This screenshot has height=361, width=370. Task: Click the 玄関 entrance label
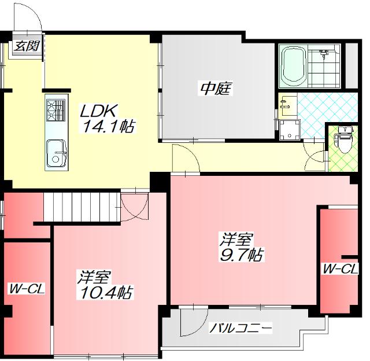(27, 46)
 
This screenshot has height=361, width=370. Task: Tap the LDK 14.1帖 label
(108, 119)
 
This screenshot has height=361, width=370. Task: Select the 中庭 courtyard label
(216, 89)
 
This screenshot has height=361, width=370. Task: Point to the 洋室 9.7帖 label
(241, 246)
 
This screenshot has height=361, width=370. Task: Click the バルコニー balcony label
(241, 327)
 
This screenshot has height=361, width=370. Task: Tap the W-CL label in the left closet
(27, 289)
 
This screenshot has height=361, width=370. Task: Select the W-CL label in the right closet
(341, 269)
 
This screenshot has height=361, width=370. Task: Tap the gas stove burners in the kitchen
(56, 110)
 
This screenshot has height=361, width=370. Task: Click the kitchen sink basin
(56, 153)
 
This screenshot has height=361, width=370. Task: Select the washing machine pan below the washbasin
(290, 130)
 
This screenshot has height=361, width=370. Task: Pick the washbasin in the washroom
(288, 105)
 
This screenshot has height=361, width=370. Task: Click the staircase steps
(82, 207)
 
